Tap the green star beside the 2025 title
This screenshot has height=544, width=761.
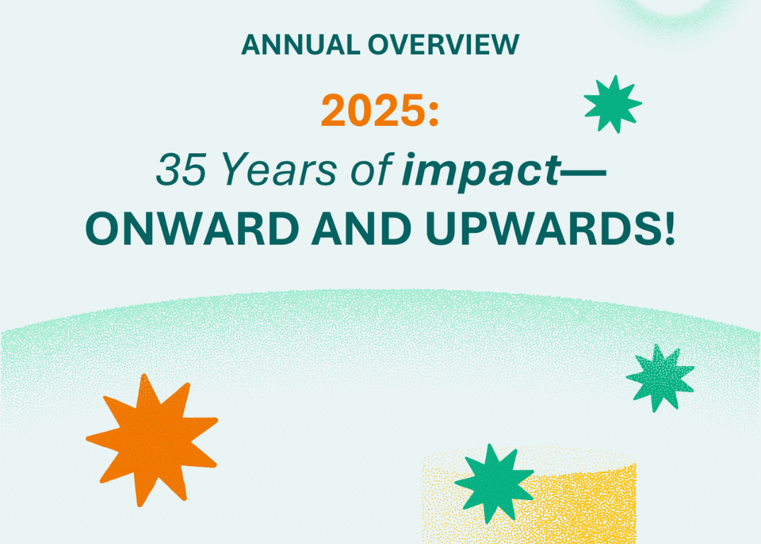point(612,103)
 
